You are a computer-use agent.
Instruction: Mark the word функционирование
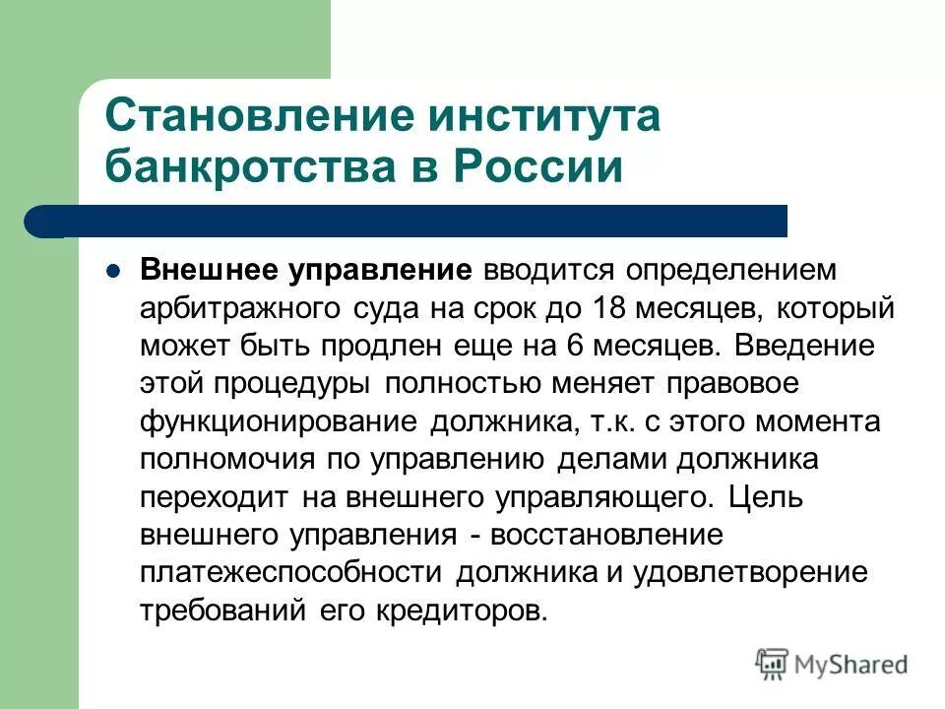279,420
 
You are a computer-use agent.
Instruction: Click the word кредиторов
461,609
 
